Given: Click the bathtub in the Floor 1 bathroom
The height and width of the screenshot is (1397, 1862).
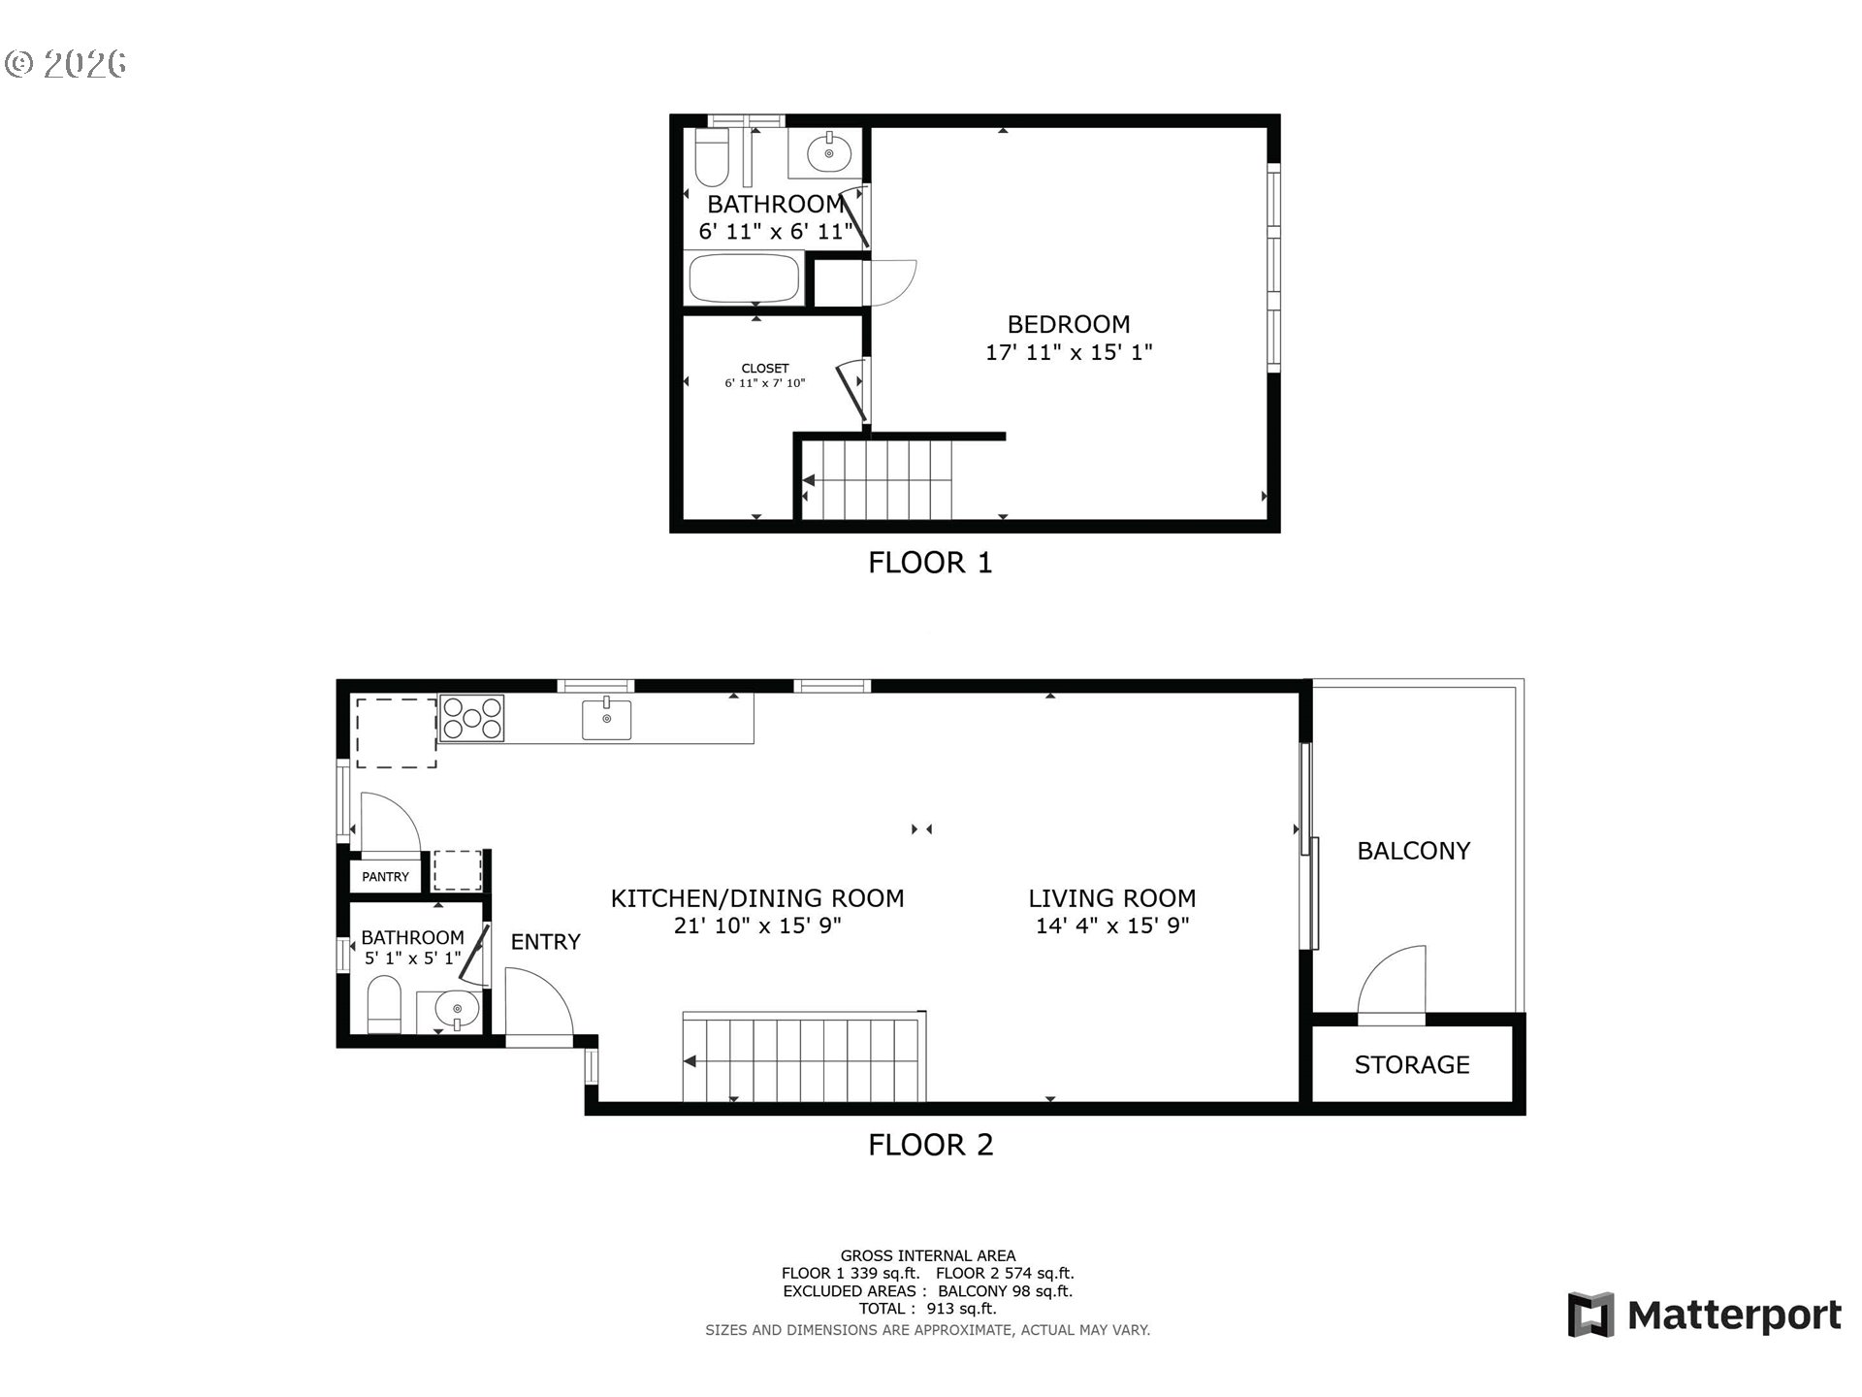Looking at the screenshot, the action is pyautogui.click(x=744, y=278).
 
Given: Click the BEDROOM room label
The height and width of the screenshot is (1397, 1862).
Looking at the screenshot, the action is pyautogui.click(x=1069, y=324).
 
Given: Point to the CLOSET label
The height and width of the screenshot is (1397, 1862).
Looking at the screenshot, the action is pyautogui.click(x=765, y=369).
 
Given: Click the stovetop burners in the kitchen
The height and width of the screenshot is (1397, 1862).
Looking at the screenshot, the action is pyautogui.click(x=472, y=719).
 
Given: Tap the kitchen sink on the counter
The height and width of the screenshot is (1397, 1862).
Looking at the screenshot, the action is pyautogui.click(x=606, y=719).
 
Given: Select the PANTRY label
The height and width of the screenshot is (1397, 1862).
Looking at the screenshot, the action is pyautogui.click(x=386, y=877).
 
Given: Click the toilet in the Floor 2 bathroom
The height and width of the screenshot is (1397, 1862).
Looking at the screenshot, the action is pyautogui.click(x=385, y=1004).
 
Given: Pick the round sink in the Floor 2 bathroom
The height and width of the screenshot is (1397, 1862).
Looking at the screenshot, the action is pyautogui.click(x=456, y=1010).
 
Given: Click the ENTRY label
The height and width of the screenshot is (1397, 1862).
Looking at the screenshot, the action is pyautogui.click(x=546, y=941).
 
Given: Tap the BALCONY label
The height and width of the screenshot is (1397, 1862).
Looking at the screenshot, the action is pyautogui.click(x=1414, y=851).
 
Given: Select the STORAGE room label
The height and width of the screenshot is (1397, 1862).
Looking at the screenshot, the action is pyautogui.click(x=1412, y=1065).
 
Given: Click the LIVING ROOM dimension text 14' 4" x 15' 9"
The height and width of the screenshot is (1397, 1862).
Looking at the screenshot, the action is pyautogui.click(x=1112, y=926).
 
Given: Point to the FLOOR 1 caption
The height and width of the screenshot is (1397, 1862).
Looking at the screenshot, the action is pyautogui.click(x=930, y=563).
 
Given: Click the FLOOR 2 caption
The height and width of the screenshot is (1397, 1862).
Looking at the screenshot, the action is pyautogui.click(x=931, y=1145).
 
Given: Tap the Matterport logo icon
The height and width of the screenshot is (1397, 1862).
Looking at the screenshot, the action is pyautogui.click(x=1590, y=1315).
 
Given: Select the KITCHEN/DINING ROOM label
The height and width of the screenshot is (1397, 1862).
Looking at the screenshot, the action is pyautogui.click(x=757, y=899).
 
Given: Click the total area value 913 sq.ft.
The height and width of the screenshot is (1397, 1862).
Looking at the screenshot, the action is pyautogui.click(x=961, y=1309).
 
